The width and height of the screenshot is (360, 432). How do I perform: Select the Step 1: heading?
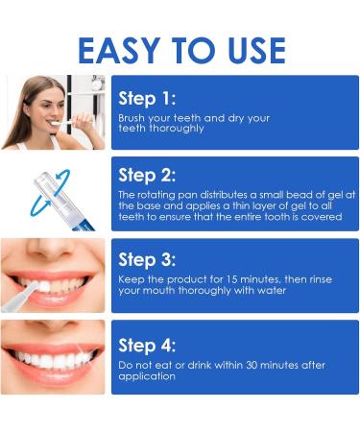point(148,97)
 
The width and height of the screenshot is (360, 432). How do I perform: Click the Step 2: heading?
point(148,175)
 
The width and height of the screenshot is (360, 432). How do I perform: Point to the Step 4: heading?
point(148,345)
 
